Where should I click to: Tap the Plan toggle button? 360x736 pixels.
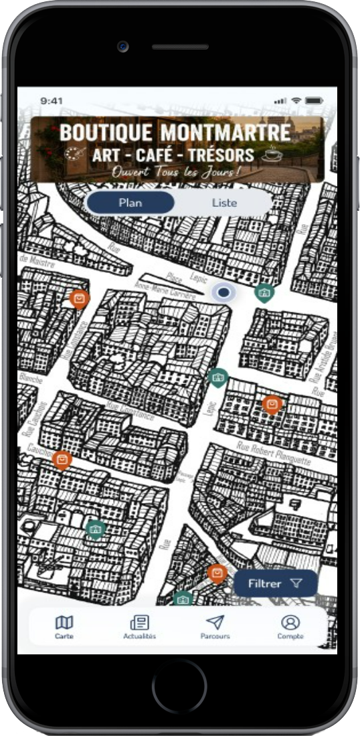tap(130, 203)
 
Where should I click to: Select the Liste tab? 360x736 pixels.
tap(224, 203)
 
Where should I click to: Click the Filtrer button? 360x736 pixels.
tap(275, 583)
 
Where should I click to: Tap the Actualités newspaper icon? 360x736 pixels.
tap(139, 623)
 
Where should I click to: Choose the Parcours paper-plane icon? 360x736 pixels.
tap(215, 623)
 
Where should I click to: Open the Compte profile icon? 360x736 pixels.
tap(290, 623)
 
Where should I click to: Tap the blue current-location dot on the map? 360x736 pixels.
tap(223, 292)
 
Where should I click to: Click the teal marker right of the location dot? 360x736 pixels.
tap(264, 292)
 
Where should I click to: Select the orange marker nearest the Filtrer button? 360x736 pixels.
tap(217, 573)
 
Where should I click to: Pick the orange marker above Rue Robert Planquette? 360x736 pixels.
tap(271, 404)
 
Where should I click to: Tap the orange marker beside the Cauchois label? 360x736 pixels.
tap(62, 459)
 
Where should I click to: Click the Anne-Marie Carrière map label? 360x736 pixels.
tap(165, 289)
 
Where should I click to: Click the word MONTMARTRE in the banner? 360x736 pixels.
tap(225, 132)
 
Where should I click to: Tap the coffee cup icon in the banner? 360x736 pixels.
tap(272, 155)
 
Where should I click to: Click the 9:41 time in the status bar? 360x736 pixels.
tap(52, 100)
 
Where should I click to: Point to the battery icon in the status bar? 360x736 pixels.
tap(314, 100)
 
